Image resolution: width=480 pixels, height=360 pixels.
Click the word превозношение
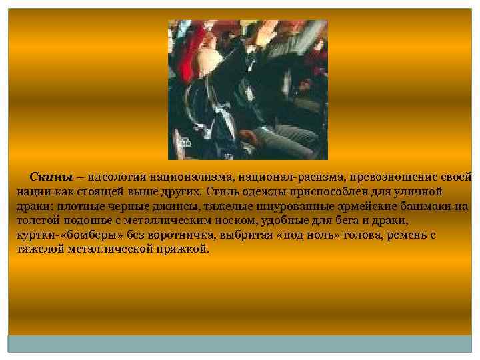(x=387, y=177)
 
